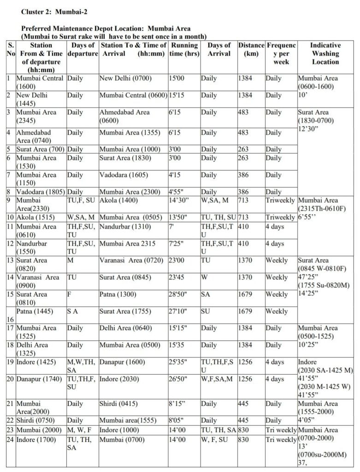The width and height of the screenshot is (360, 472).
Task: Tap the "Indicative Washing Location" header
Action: (x=325, y=54)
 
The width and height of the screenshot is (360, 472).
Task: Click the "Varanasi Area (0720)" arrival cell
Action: (x=131, y=260)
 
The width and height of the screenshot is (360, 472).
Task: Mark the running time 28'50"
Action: (x=179, y=294)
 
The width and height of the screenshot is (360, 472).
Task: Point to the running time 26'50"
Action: (x=179, y=379)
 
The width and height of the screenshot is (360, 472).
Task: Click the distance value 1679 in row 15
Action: (x=245, y=294)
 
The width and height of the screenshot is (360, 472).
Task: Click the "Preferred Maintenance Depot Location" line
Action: (x=106, y=29)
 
